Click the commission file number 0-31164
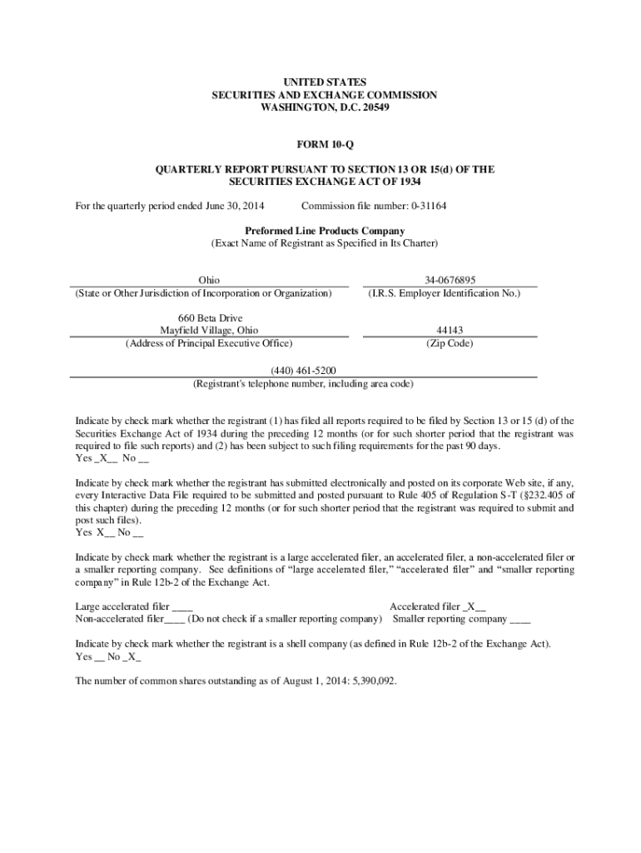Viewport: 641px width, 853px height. click(424, 206)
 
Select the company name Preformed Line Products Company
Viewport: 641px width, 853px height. click(324, 231)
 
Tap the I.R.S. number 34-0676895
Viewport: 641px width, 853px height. click(450, 281)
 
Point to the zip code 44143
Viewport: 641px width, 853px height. click(450, 330)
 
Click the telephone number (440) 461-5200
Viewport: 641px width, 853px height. click(303, 370)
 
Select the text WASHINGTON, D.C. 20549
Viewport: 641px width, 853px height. click(324, 107)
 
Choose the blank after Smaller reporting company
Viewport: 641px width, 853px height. click(519, 619)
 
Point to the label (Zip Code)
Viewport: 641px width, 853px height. click(450, 342)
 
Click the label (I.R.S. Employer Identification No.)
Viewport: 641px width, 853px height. click(450, 293)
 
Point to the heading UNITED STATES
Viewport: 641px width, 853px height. click(324, 82)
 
